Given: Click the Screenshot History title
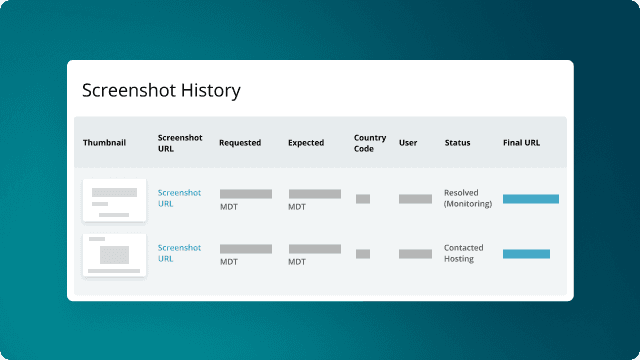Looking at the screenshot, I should point(161,91).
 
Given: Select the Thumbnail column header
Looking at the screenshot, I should point(103,143).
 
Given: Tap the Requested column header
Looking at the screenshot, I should point(240,143).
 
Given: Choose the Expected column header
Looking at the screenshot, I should point(306,143).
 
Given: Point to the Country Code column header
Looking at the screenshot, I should point(364,142).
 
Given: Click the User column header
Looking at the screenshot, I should point(408,143).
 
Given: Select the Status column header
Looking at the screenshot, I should point(458,143).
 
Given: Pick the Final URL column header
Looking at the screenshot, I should point(521,143).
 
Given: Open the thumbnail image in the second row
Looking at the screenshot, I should point(114,255).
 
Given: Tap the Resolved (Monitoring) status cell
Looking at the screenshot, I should point(468,198).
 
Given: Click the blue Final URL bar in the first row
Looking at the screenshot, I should point(530,199).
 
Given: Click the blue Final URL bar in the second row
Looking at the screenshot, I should point(526,254).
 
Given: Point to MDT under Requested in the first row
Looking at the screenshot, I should point(229,207).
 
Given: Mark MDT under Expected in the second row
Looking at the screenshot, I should point(297,262).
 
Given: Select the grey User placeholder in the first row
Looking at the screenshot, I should point(415,199).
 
